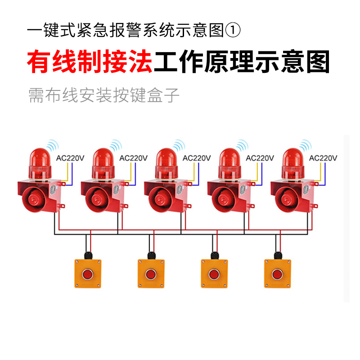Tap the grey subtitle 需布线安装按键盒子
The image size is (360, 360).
103,95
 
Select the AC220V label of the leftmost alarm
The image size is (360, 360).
70,158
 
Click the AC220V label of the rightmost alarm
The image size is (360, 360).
324,158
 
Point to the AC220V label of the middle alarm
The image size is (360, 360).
197,158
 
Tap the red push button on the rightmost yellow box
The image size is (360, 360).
277,274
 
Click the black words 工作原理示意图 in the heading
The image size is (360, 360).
242,63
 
